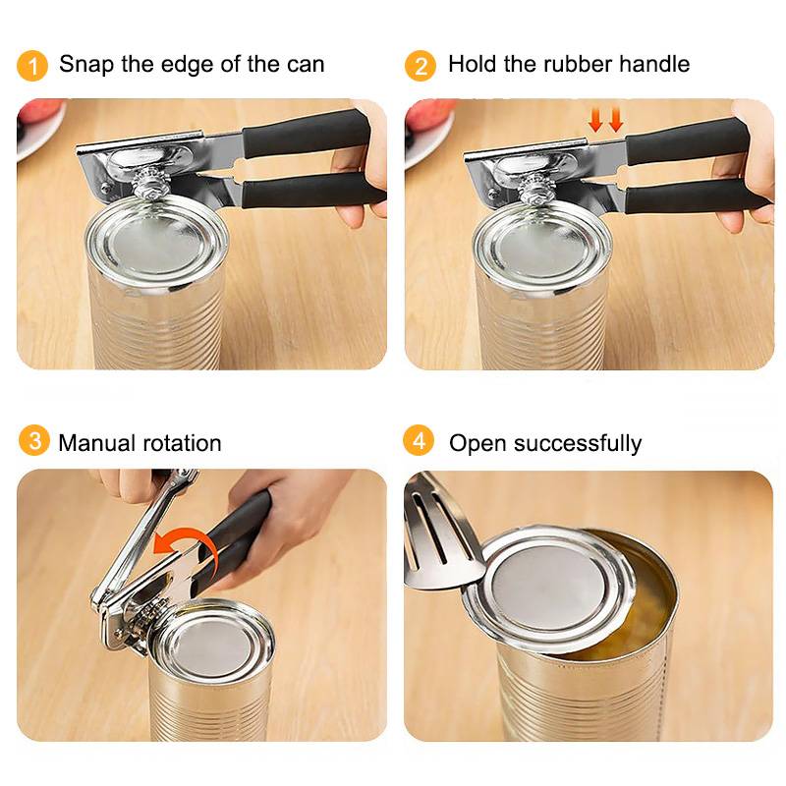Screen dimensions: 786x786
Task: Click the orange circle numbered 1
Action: (x=32, y=66)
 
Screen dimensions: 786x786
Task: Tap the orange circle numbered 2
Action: (x=421, y=66)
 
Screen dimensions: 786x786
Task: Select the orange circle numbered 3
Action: (x=34, y=440)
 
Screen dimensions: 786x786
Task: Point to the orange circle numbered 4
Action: (x=419, y=440)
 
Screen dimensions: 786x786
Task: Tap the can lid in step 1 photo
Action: (x=157, y=243)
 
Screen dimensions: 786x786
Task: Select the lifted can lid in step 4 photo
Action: (x=549, y=588)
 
